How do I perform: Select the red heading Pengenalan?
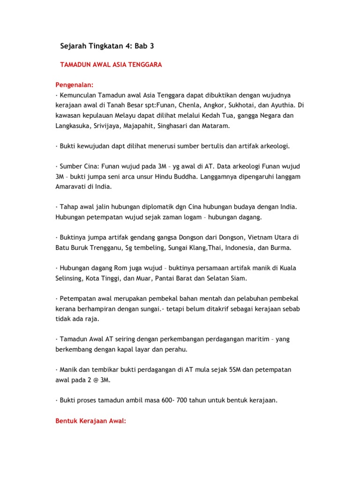75,85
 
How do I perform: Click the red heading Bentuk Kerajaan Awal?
91,421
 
